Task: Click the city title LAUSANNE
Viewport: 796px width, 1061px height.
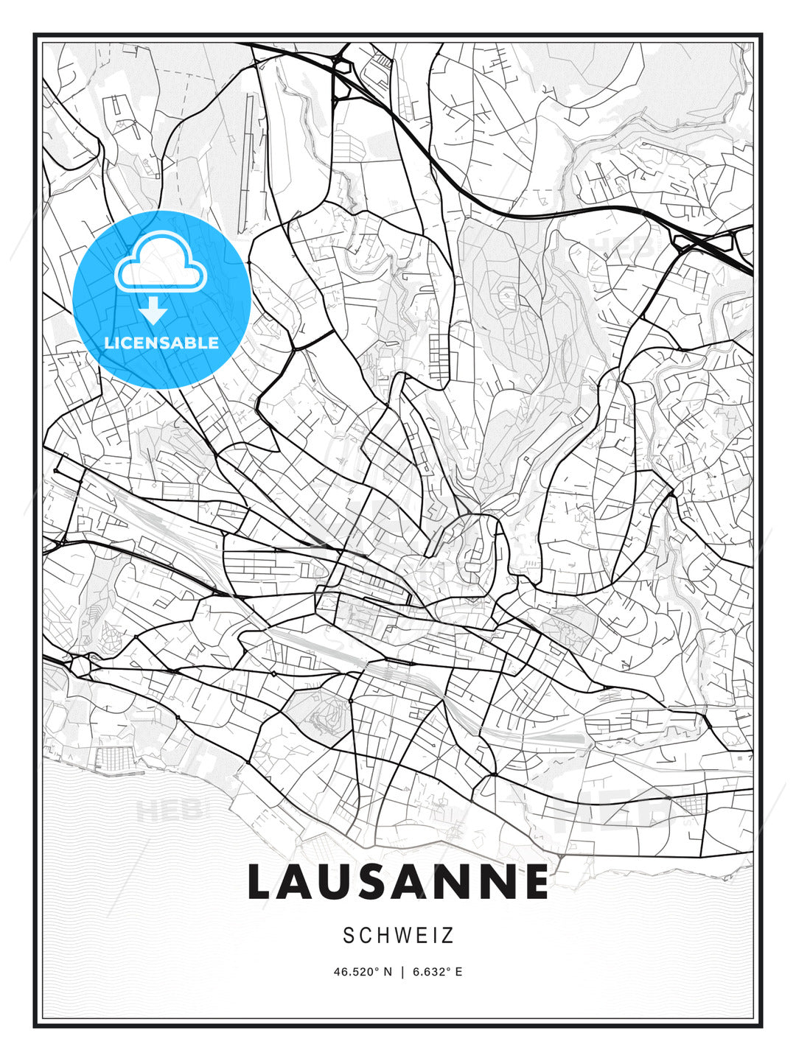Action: click(398, 881)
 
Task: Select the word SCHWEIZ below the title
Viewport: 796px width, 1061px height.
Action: click(398, 936)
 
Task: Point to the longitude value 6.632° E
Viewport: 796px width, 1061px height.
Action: click(438, 972)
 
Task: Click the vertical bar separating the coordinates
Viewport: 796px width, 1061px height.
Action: click(402, 972)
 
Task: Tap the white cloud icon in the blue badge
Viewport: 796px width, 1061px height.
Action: click(161, 263)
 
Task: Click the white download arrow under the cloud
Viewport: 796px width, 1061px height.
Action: click(154, 311)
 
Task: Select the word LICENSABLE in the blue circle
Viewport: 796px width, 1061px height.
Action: click(161, 343)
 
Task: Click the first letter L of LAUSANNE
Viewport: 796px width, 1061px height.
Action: click(262, 881)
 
